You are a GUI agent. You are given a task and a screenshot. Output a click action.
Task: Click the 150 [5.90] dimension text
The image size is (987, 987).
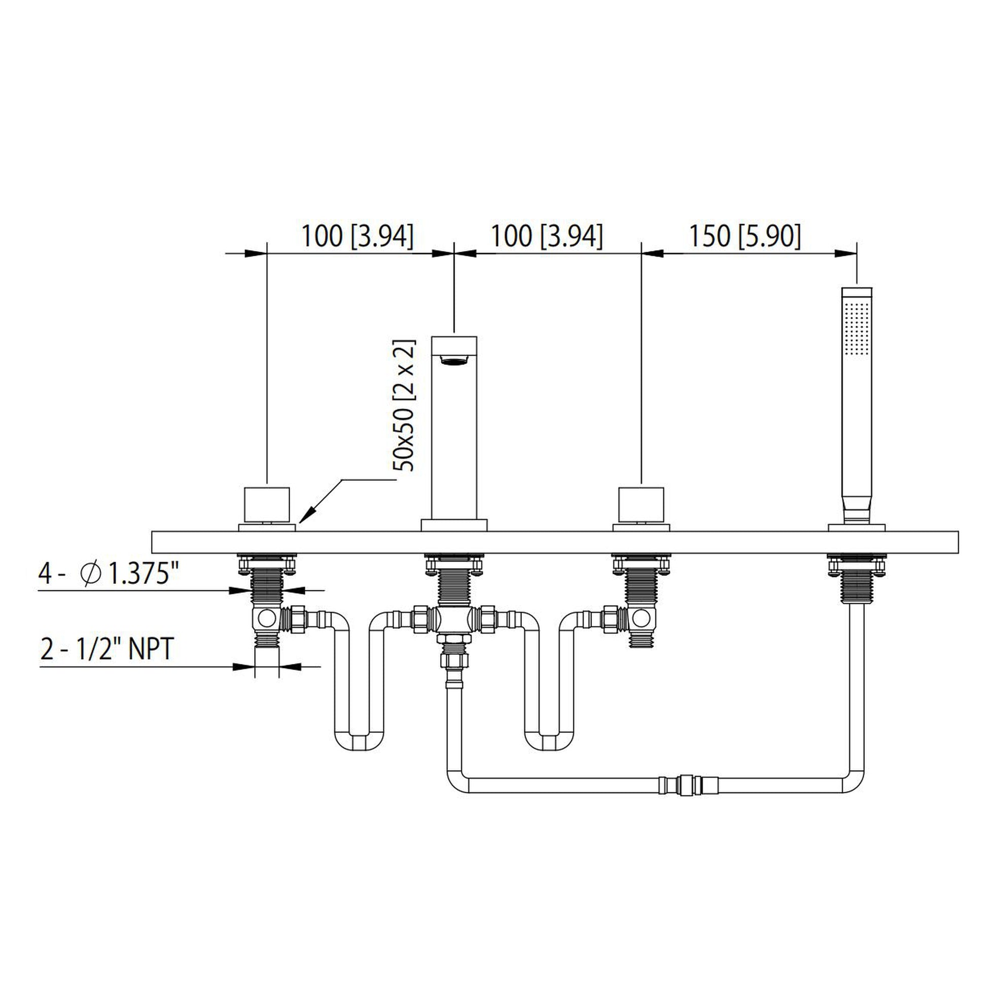[x=745, y=236]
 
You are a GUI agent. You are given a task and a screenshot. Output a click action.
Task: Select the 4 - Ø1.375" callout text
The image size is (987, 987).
[x=110, y=575]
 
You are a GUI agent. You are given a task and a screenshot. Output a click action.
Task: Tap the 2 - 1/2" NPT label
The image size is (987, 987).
[x=107, y=649]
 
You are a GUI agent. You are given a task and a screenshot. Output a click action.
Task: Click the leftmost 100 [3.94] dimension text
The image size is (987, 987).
[x=357, y=236]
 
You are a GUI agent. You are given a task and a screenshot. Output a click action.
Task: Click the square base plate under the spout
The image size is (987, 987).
[x=453, y=524]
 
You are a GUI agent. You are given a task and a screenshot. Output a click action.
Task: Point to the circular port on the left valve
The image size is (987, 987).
[x=267, y=618]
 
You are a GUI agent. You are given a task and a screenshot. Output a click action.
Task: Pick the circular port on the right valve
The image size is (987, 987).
[x=641, y=618]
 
